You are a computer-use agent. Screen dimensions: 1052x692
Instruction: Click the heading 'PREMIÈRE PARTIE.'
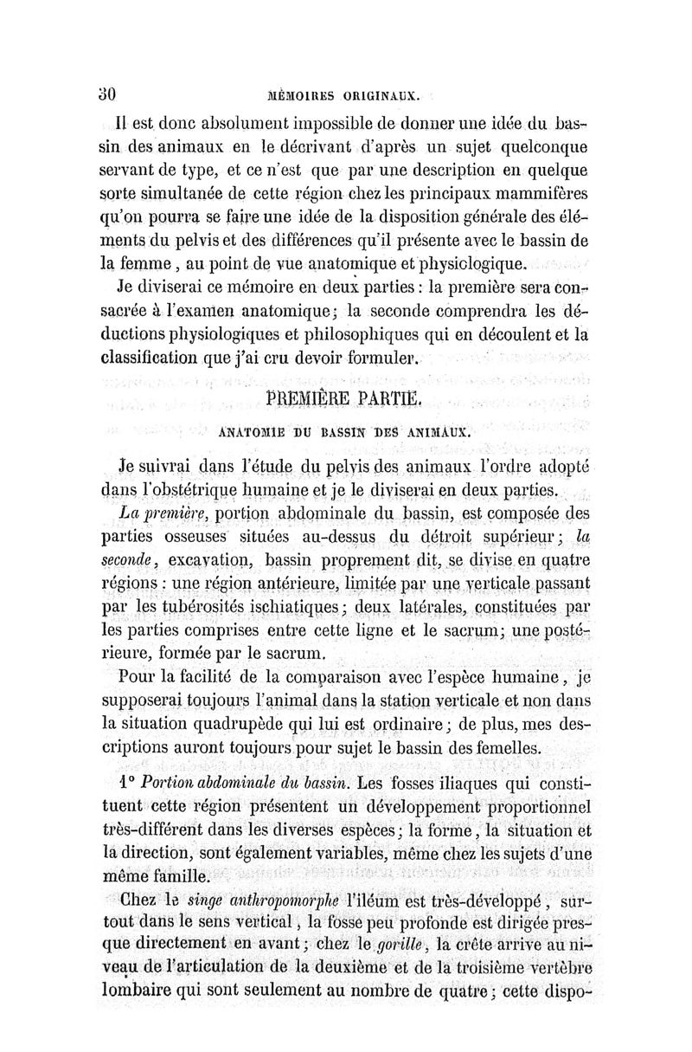pos(343,399)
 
